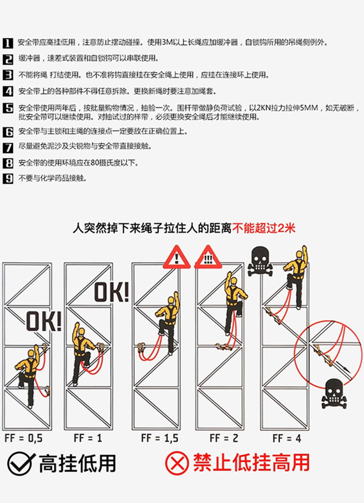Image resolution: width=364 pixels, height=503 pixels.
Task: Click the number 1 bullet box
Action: pos(8,43)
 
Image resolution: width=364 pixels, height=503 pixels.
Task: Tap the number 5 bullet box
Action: pos(8,108)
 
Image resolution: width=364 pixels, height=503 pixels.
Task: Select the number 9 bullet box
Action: pos(8,178)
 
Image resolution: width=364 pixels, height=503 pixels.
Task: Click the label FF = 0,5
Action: pos(23,438)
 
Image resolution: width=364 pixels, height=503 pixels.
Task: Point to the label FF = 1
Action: pos(87,438)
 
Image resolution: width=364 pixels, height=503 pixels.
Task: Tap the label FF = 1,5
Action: pos(159,438)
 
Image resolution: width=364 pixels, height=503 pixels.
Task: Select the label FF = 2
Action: pos(223,438)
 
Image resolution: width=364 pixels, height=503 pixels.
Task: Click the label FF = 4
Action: pos(287,438)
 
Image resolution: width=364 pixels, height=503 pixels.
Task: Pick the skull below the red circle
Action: pos(335,393)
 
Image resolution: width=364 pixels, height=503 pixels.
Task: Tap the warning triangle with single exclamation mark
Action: pos(176,257)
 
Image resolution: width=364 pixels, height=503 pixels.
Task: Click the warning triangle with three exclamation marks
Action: pos(208,257)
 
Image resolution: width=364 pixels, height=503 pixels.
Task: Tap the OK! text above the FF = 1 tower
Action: pos(112,292)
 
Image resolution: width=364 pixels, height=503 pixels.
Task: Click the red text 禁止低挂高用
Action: pos(251,463)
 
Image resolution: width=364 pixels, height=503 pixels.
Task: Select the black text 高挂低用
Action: pos(77,463)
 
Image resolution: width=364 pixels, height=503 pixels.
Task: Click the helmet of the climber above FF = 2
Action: pos(233,281)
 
